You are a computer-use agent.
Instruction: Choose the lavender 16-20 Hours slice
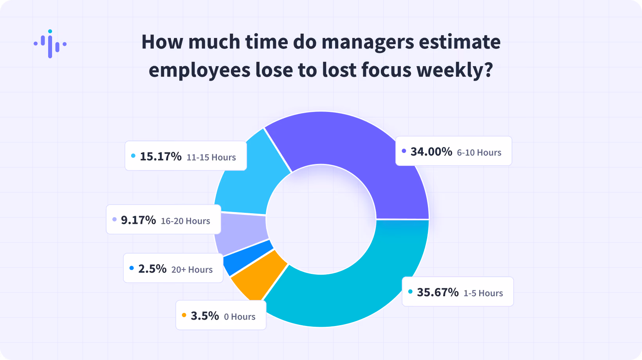tap(241, 233)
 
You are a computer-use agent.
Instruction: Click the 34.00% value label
tap(431, 151)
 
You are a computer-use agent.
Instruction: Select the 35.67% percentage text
tap(438, 292)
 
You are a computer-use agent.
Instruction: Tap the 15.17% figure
tap(160, 157)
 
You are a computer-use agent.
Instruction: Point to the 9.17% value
tap(139, 220)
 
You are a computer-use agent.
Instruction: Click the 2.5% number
tap(152, 269)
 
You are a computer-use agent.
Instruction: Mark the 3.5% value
tap(205, 316)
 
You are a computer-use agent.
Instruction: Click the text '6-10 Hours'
tap(479, 152)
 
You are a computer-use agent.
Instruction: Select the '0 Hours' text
tap(240, 317)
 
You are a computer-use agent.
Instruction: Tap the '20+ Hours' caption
tap(192, 270)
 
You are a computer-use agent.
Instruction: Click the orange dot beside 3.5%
tap(184, 315)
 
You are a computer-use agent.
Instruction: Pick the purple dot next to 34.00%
tap(404, 151)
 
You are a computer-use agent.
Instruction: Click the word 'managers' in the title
tap(368, 42)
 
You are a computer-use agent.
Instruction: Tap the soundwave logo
tap(50, 44)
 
